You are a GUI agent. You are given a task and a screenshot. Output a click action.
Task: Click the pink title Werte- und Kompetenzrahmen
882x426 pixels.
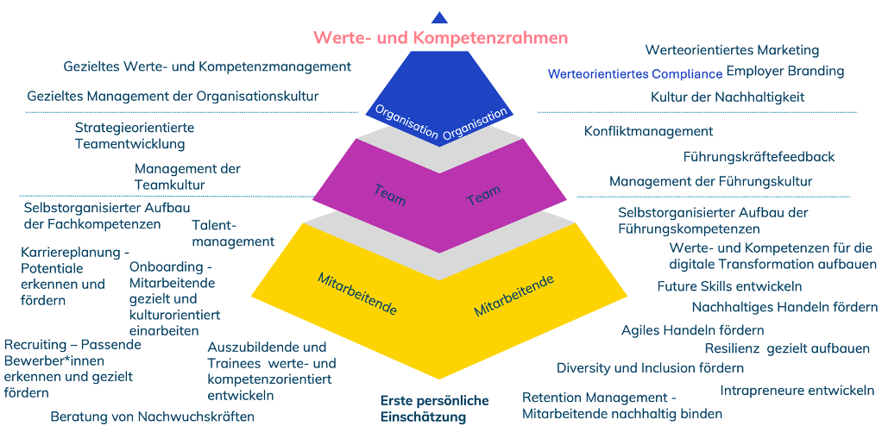click(440, 38)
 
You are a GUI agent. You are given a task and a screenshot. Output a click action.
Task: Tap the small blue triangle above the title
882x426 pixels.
click(439, 17)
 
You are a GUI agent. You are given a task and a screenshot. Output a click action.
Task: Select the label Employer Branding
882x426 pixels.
click(784, 71)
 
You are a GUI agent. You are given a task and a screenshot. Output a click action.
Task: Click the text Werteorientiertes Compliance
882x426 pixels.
click(634, 74)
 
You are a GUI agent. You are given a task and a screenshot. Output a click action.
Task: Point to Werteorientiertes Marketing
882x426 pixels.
click(732, 50)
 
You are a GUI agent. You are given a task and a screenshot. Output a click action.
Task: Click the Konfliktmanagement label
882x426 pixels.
click(648, 131)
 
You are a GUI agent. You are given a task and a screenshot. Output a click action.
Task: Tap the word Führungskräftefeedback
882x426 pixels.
click(759, 157)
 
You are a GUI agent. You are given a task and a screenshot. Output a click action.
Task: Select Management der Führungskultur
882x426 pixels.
click(710, 181)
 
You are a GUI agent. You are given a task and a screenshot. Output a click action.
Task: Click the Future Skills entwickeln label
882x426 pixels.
click(729, 286)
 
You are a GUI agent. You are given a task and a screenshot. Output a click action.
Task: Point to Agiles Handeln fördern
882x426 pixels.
click(692, 330)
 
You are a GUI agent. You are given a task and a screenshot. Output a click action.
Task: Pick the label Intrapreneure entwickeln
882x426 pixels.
click(797, 390)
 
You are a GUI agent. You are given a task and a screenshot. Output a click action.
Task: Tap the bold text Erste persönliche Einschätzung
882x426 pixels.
click(434, 409)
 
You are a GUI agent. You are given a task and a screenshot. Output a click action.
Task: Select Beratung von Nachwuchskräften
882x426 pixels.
click(152, 416)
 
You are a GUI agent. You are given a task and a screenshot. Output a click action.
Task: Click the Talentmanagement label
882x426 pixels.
click(232, 233)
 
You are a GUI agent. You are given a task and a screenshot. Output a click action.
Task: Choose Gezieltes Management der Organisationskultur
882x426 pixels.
click(173, 96)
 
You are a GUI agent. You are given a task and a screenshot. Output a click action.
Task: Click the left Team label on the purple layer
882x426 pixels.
click(389, 193)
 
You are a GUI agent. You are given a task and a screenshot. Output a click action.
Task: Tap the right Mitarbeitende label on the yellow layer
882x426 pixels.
click(513, 296)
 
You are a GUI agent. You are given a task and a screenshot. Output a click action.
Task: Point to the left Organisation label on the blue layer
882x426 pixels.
click(406, 122)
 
